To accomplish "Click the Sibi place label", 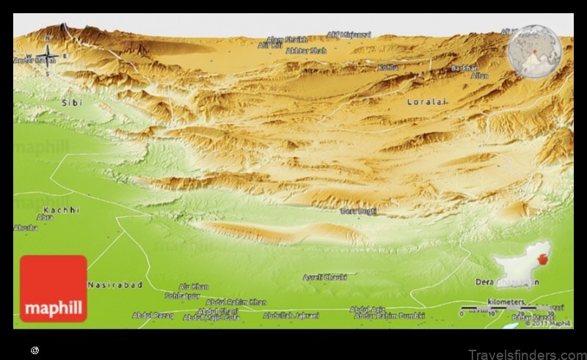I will [71, 103].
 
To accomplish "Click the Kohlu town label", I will [388, 67].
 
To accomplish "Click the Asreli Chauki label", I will [324, 277].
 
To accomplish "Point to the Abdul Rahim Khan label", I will [236, 301].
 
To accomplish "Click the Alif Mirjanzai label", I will [349, 34].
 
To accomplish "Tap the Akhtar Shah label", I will [306, 51].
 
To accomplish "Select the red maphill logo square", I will [54, 288].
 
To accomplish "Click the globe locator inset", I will [535, 51].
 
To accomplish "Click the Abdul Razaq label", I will [153, 315].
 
